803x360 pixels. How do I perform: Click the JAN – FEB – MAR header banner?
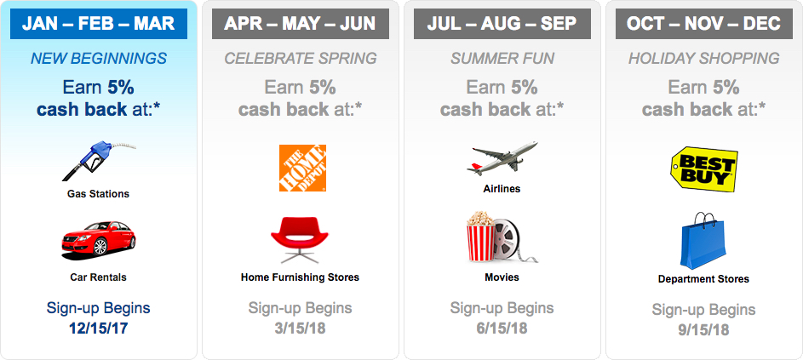98,24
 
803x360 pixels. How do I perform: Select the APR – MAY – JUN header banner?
301,24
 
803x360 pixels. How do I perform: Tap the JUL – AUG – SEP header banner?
502,24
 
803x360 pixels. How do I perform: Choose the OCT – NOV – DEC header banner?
704,24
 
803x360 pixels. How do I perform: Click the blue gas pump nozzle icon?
98,161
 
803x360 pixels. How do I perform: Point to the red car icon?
98,239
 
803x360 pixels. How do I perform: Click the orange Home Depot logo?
302,168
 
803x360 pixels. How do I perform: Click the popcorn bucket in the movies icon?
480,237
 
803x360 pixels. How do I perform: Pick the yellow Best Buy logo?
704,169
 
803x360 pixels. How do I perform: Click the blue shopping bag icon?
703,241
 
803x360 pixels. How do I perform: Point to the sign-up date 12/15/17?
98,329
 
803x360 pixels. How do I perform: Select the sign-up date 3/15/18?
300,329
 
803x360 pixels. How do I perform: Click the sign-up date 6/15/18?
502,329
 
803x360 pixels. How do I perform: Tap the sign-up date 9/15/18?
703,330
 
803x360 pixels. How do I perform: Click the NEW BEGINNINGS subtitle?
99,59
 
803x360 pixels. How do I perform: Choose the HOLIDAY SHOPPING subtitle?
704,59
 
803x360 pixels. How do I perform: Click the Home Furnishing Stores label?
300,277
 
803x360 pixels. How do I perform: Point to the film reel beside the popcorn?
507,238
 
